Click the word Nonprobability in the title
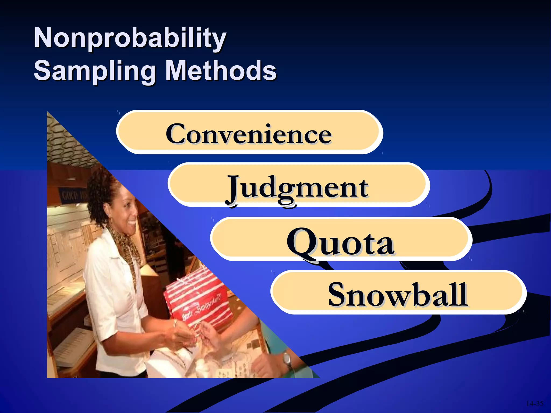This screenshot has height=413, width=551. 130,38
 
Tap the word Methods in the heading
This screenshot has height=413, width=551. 221,71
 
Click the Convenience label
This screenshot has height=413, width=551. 249,134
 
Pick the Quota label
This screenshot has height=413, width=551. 340,242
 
